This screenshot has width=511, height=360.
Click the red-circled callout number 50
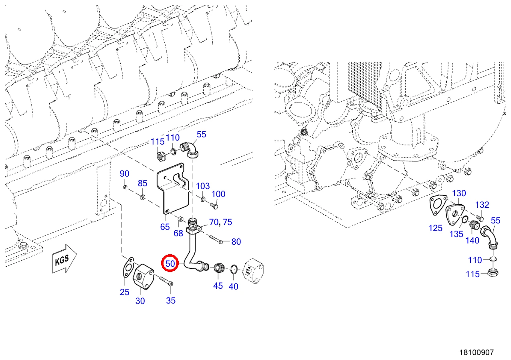coord(170,263)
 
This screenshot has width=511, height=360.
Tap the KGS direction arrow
coord(64,259)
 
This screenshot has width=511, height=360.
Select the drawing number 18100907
coord(477,352)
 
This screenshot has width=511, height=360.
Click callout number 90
coord(124,174)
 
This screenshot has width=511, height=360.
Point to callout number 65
coord(165,227)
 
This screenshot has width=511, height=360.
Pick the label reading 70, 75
coord(220,222)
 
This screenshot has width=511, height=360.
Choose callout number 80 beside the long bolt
coord(236,242)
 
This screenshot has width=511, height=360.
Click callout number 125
coord(436,228)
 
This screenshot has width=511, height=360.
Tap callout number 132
coord(482,205)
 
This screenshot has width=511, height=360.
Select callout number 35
coord(171,300)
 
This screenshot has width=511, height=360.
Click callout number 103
coord(203,186)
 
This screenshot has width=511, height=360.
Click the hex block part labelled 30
coord(143,277)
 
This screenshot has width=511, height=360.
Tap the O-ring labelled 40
coord(234,269)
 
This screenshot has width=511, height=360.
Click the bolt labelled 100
coord(214,206)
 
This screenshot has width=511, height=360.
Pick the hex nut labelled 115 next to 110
coord(162,157)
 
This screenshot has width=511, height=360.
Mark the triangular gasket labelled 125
coord(436,205)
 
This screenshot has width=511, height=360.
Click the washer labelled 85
coord(143,197)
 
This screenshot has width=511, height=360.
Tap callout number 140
coord(472,240)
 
